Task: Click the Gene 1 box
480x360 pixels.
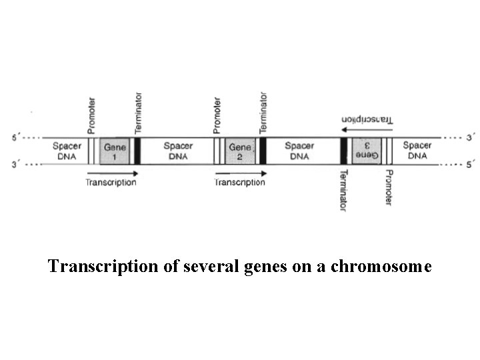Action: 113,151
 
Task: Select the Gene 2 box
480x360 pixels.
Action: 240,151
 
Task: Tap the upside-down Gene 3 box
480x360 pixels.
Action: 366,151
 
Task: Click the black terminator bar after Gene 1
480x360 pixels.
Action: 137,151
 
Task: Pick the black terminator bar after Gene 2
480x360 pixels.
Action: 263,151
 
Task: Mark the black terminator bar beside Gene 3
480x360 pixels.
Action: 343,151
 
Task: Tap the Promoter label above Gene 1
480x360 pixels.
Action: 91,114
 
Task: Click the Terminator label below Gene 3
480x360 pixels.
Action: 343,190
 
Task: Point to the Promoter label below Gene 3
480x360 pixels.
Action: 389,187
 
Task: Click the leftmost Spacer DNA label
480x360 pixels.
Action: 67,151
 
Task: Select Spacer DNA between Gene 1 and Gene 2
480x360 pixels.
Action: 178,151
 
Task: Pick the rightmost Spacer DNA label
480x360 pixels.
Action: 417,151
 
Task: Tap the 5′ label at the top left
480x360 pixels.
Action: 17,139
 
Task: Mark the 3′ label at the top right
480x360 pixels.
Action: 470,139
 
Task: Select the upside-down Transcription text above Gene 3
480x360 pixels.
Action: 367,120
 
